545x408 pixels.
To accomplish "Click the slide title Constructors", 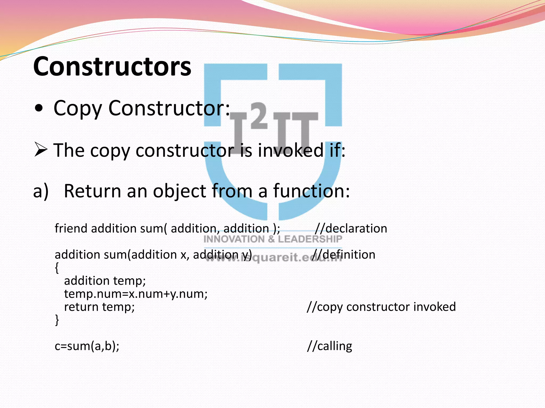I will pyautogui.click(x=112, y=66).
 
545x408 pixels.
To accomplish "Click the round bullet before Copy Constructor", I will pyautogui.click(x=39, y=109).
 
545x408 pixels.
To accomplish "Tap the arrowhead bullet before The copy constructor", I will pyautogui.click(x=40, y=150).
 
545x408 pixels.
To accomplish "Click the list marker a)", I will pyautogui.click(x=41, y=191).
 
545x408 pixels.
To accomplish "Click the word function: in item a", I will pyautogui.click(x=311, y=191).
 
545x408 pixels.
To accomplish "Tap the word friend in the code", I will pyautogui.click(x=71, y=228).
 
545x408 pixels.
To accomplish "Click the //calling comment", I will pyautogui.click(x=329, y=346).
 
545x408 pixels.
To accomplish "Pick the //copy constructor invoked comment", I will pyautogui.click(x=381, y=307).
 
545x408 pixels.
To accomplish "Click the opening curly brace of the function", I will pyautogui.click(x=57, y=268).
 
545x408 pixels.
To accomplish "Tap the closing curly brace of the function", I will pyautogui.click(x=57, y=320).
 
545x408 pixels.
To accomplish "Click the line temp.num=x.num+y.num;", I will pyautogui.click(x=136, y=294).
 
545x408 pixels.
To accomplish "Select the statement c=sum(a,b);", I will pyautogui.click(x=87, y=346).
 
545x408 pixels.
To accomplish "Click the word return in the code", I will pyautogui.click(x=81, y=307).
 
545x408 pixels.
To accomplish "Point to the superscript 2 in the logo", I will pyautogui.click(x=259, y=116).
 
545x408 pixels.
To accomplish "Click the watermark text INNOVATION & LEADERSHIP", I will pyautogui.click(x=273, y=239).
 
